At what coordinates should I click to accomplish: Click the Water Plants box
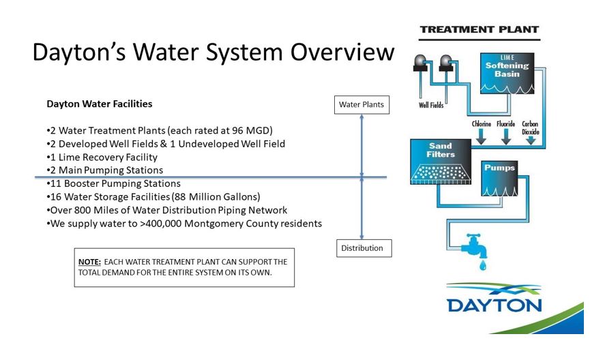tap(361, 105)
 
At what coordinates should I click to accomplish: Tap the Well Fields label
tap(431, 106)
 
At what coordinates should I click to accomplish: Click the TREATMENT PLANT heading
tap(479, 30)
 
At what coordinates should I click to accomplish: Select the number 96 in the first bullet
tap(236, 131)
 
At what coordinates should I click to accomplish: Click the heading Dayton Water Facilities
tap(99, 104)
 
